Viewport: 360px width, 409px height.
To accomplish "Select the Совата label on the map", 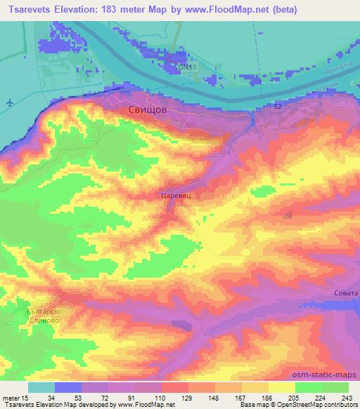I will point(345,293).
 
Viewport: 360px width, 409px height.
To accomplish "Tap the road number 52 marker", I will point(279,105).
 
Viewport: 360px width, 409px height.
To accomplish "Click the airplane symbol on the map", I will point(8,103).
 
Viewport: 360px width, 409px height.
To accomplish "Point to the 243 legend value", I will point(347,397).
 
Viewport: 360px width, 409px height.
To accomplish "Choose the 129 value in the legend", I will point(187,397).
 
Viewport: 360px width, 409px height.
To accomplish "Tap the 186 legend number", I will point(267,397).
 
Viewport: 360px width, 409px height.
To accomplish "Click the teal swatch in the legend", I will point(41,387).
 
